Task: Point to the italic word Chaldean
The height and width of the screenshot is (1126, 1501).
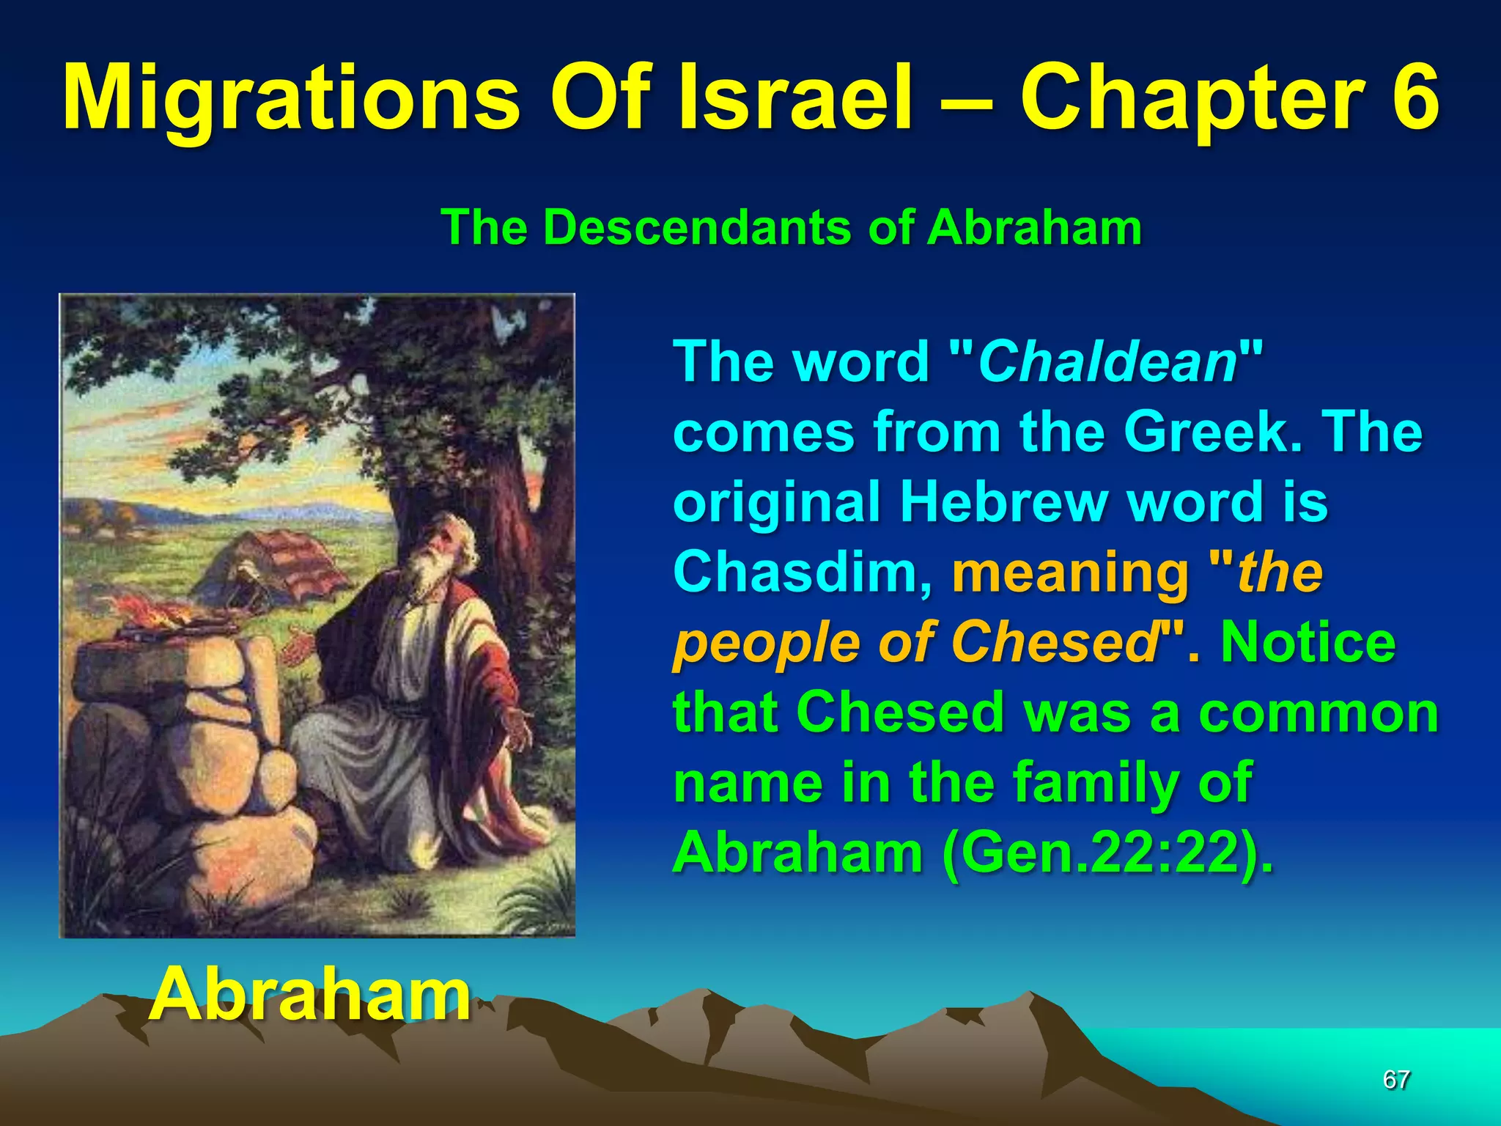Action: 1107,362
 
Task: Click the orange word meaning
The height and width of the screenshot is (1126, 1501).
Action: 1070,573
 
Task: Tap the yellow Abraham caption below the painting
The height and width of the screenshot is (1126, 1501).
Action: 309,995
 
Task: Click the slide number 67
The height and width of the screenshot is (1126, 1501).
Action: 1395,1080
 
